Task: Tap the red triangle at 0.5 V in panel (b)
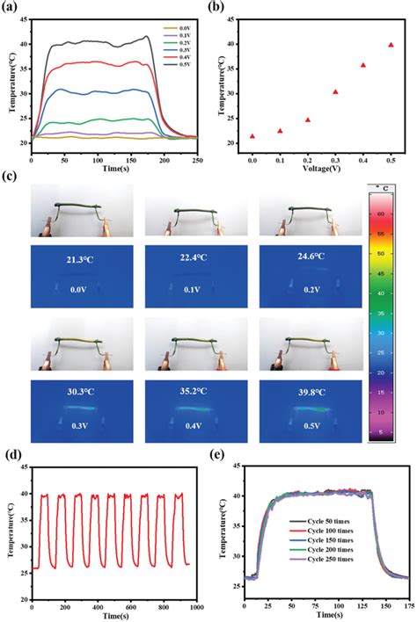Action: (x=391, y=45)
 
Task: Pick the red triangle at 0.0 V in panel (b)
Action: (x=252, y=136)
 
